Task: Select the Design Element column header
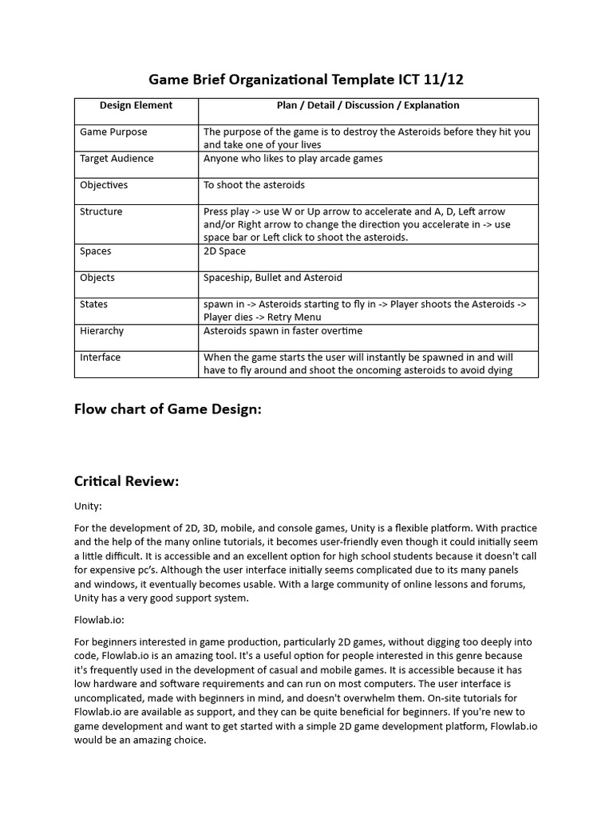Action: (x=136, y=105)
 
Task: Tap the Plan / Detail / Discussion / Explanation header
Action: (x=368, y=105)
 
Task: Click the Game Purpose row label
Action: (x=113, y=132)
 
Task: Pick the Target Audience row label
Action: (x=117, y=158)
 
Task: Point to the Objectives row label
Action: (x=104, y=185)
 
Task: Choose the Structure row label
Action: (x=101, y=211)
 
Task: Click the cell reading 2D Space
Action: (x=225, y=251)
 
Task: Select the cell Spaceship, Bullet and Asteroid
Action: (x=273, y=278)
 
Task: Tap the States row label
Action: (x=93, y=304)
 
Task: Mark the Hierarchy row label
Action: (x=102, y=330)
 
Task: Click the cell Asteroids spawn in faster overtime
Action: (x=283, y=330)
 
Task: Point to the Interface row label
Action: (x=101, y=357)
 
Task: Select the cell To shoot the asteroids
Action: (x=254, y=185)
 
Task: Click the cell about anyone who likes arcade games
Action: (x=293, y=158)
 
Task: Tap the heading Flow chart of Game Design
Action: (x=168, y=409)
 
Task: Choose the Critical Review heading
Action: (x=127, y=481)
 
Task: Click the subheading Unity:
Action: (x=88, y=506)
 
